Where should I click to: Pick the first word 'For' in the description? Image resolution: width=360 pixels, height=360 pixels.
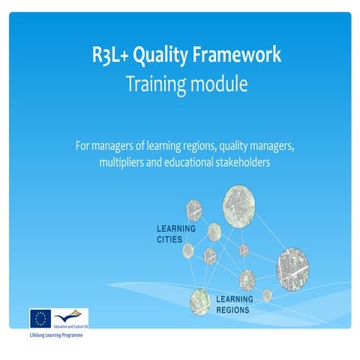[x=82, y=145]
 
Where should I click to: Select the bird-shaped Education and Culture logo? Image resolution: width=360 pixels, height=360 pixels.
[x=72, y=315]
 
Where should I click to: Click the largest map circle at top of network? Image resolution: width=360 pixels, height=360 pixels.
[x=239, y=203]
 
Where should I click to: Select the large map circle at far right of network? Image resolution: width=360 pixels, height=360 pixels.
[x=292, y=267]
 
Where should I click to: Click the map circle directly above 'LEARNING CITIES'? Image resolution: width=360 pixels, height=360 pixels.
[x=194, y=208]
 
